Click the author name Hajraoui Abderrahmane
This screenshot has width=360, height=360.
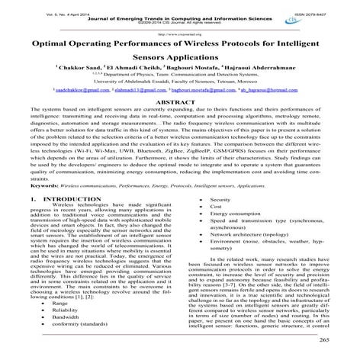pos(272,80)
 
